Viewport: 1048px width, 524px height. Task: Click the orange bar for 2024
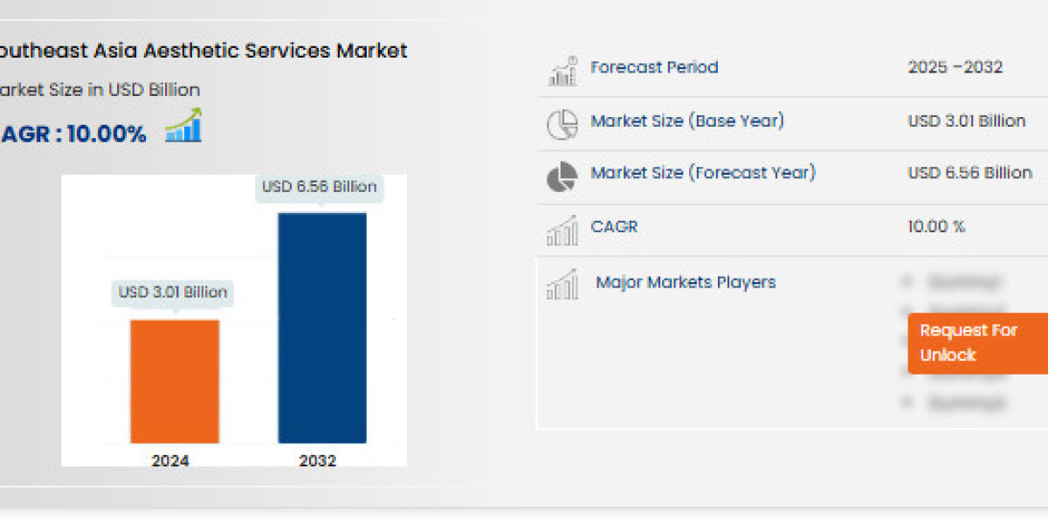click(x=175, y=381)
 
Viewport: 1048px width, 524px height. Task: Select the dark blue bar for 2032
click(x=322, y=327)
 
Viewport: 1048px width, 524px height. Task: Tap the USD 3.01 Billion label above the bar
click(x=173, y=292)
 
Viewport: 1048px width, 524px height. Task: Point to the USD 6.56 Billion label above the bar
click(x=320, y=186)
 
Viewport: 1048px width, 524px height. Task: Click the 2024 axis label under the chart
click(x=169, y=460)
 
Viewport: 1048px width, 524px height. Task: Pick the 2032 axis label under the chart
click(x=317, y=460)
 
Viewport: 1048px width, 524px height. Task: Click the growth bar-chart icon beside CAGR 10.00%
click(x=183, y=126)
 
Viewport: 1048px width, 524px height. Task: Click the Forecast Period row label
click(x=654, y=67)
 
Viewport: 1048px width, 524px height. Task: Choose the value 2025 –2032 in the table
click(x=955, y=67)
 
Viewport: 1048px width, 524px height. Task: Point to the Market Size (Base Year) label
click(x=687, y=121)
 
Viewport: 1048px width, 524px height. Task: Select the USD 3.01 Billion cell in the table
click(x=966, y=121)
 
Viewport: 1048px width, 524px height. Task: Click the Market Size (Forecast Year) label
click(x=703, y=173)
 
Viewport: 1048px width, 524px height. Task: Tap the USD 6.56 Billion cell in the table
click(x=969, y=173)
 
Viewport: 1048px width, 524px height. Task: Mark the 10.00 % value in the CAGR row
click(x=936, y=226)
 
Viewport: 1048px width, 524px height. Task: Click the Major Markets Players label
click(x=686, y=282)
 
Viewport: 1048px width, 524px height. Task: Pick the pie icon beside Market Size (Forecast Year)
click(x=562, y=176)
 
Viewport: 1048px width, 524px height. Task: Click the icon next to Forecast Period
click(x=562, y=71)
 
